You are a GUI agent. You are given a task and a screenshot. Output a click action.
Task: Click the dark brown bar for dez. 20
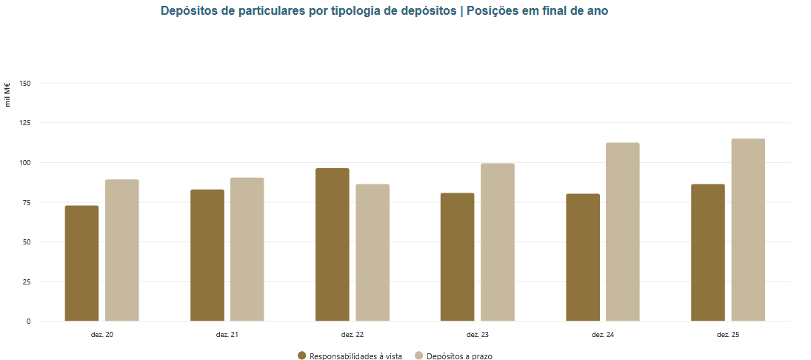[x=81, y=263]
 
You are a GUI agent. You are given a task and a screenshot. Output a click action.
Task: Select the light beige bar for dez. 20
[x=121, y=250]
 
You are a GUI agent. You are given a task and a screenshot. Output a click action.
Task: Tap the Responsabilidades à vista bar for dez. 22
[x=332, y=244]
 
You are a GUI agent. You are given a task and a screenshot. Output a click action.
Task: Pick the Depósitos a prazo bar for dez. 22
[x=373, y=253]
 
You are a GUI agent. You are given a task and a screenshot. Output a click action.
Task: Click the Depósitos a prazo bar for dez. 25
[x=748, y=230]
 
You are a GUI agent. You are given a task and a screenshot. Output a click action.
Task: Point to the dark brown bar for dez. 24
[x=583, y=257]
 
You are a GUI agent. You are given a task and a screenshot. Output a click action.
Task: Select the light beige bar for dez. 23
[x=498, y=242]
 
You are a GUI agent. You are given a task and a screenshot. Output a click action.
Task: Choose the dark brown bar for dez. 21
[x=207, y=255]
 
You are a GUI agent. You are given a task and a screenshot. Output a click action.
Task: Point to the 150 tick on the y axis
[x=25, y=84]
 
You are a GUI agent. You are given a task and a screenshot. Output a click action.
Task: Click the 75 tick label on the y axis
[x=27, y=202]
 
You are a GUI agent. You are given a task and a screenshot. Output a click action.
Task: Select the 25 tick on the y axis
[x=27, y=281]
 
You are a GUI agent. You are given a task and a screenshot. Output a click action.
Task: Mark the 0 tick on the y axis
[x=29, y=321]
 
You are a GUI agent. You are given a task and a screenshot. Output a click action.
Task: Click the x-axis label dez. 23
[x=478, y=336]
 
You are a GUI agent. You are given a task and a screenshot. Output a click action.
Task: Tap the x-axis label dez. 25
[x=728, y=336]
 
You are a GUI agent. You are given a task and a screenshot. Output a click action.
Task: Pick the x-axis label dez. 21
[x=227, y=336]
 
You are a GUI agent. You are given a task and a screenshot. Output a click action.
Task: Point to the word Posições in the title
[x=495, y=11]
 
